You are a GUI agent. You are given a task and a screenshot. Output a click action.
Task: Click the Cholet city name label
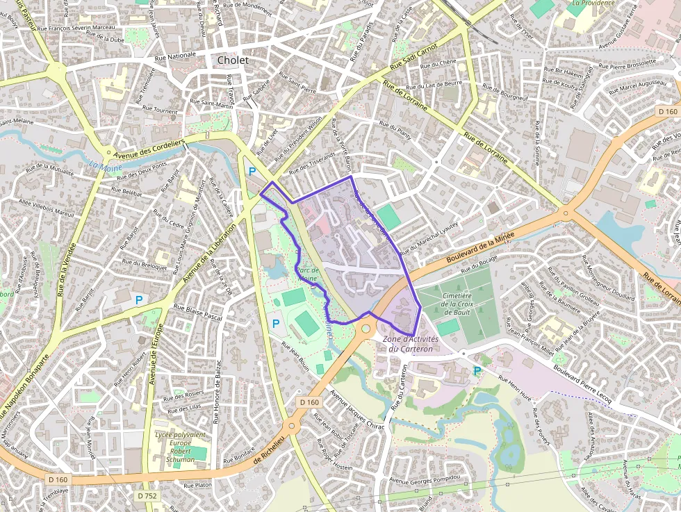click(x=232, y=60)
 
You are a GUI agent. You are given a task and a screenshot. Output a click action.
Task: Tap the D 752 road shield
click(x=146, y=496)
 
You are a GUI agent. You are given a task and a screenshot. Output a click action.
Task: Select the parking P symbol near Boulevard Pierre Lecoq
click(x=477, y=371)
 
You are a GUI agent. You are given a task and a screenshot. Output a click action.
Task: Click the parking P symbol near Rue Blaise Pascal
click(x=139, y=300)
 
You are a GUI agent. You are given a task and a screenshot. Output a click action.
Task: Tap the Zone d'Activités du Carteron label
click(x=411, y=344)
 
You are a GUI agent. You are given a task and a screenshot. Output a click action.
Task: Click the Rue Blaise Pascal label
click(x=197, y=311)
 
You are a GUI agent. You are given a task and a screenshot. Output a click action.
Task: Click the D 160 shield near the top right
click(x=667, y=111)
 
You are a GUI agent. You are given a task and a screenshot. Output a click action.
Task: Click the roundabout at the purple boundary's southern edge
click(x=366, y=328)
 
